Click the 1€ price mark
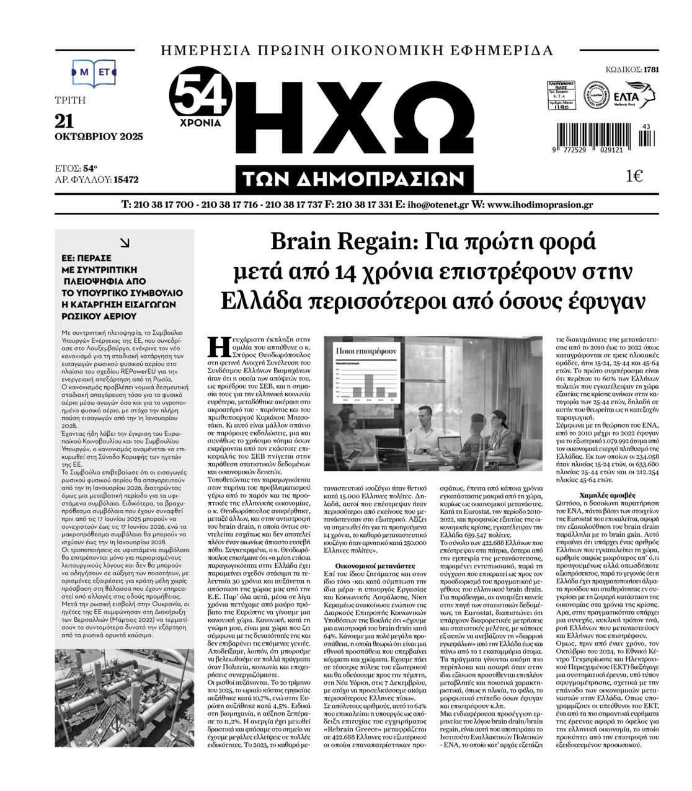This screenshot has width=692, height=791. click(634, 177)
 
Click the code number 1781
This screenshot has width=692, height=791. click(650, 69)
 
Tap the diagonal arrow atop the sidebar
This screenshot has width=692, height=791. click(125, 244)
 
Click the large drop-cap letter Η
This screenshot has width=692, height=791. click(215, 346)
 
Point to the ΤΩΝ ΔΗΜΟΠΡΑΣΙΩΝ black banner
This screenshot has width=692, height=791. click(355, 179)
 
